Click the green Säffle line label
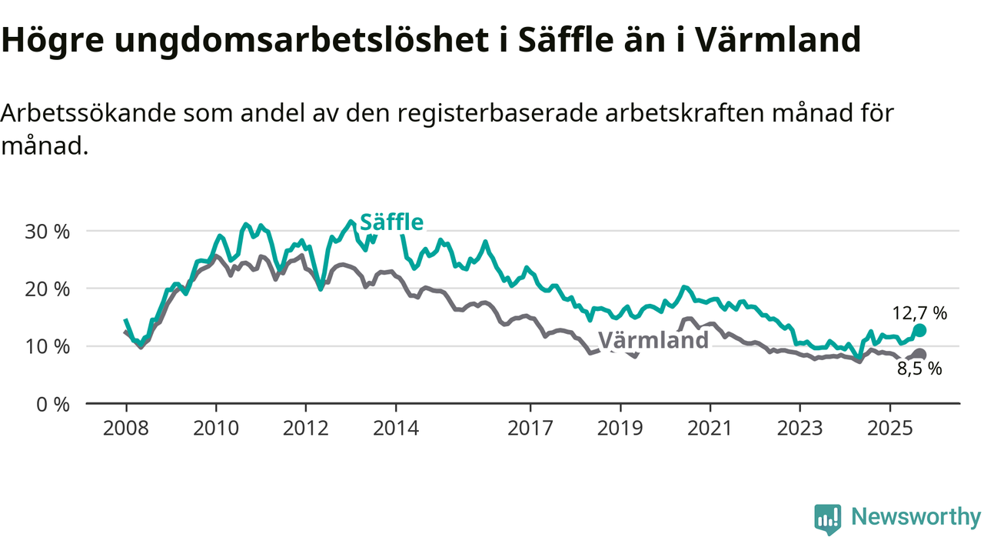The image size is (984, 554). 392,222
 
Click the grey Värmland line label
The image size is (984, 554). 653,340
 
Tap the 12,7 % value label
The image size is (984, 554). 919,313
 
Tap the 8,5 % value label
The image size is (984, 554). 919,369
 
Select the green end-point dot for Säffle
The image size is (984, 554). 919,330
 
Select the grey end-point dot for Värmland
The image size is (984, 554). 919,354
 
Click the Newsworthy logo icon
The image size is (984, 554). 828,519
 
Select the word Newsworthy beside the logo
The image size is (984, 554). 916,517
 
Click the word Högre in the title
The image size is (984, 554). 52,41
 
